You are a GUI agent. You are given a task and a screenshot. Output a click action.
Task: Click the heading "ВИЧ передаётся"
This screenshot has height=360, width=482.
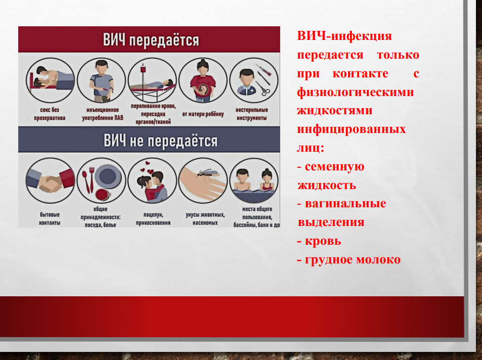151,40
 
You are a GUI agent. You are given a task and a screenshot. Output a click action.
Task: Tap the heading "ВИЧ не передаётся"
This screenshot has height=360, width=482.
160,141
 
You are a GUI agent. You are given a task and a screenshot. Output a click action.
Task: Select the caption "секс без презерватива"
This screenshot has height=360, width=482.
50,114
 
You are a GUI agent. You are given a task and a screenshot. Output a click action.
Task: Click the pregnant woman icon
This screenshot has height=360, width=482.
203,80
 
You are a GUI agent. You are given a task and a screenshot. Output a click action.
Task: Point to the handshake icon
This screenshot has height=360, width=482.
50,181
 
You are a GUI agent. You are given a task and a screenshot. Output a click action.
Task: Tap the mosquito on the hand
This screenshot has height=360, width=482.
205,173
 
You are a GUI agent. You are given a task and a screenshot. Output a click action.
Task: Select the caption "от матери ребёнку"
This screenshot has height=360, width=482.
203,114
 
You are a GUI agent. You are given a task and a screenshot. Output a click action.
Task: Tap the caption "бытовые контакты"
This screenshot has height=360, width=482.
50,218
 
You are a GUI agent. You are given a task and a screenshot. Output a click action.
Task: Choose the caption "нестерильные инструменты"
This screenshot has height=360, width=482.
252,114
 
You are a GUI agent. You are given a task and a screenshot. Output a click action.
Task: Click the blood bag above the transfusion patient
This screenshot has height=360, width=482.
143,69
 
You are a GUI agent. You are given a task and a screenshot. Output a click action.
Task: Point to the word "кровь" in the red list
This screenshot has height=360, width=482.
323,241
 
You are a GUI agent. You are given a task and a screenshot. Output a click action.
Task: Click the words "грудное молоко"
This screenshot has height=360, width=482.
353,260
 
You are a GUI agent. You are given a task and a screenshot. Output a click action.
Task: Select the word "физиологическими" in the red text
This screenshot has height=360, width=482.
356,92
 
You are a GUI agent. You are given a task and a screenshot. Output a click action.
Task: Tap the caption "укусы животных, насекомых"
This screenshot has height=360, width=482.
205,218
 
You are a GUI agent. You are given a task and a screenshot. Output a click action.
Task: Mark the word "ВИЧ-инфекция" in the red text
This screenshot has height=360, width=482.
344,36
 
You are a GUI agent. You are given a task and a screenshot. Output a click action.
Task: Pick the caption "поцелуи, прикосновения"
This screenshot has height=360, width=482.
153,218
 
